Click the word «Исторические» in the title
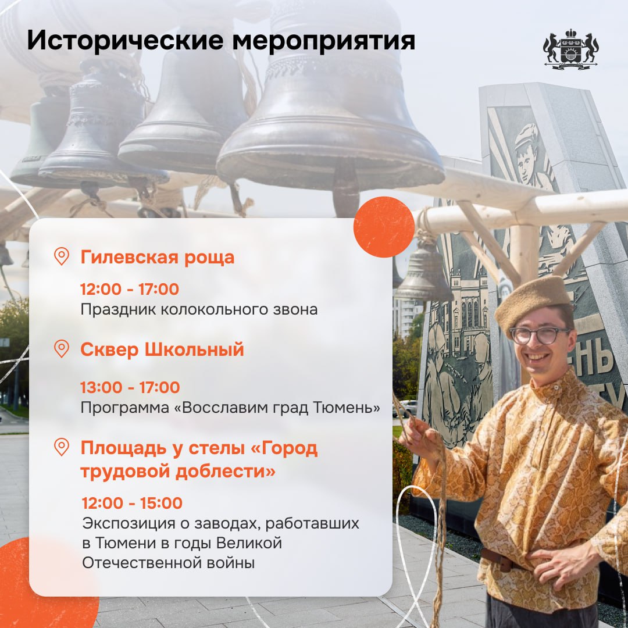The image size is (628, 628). [x=125, y=41]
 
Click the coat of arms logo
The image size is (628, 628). [x=571, y=49]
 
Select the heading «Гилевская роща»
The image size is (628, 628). [x=158, y=257]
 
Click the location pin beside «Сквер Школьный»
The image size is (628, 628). [x=61, y=348]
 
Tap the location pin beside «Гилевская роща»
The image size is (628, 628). [x=61, y=256]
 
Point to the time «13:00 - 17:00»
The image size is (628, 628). [x=130, y=387]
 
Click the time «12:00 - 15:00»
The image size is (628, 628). [x=132, y=503]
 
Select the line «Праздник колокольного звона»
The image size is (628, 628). [x=199, y=309]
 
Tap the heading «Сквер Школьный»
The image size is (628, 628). [x=162, y=349]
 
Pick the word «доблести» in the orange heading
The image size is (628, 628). [x=226, y=471]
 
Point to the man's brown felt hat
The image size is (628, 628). [x=533, y=301]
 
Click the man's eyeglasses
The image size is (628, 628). [x=540, y=336]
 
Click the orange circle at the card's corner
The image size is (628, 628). [x=384, y=227]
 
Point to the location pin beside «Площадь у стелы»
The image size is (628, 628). [x=61, y=447]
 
